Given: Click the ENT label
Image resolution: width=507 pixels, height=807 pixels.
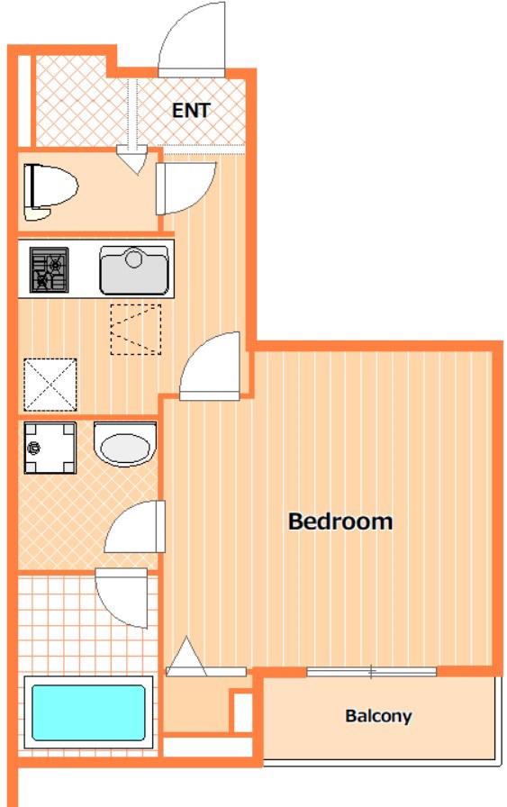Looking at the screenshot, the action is pyautogui.click(x=191, y=110).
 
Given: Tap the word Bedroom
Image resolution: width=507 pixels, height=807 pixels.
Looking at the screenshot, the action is pyautogui.click(x=340, y=521).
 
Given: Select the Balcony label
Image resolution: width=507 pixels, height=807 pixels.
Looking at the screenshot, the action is pyautogui.click(x=378, y=716).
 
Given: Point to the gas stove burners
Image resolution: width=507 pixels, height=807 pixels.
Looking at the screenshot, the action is pyautogui.click(x=49, y=269).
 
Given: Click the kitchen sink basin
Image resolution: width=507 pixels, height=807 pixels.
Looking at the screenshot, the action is pyautogui.click(x=134, y=270).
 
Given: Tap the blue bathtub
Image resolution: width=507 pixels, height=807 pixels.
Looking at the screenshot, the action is pyautogui.click(x=88, y=712).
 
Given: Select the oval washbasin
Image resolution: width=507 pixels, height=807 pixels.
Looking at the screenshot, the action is pyautogui.click(x=125, y=444).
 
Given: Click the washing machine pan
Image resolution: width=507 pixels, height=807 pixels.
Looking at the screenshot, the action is pyautogui.click(x=50, y=448).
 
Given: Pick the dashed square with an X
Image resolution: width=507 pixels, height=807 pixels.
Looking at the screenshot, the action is pyautogui.click(x=50, y=385).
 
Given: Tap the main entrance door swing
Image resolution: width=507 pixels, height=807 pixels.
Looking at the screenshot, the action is pyautogui.click(x=192, y=39).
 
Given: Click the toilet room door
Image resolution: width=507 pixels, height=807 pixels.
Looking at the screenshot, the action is pyautogui.click(x=186, y=188).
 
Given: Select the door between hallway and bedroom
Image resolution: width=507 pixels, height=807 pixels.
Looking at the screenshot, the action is pyautogui.click(x=210, y=366).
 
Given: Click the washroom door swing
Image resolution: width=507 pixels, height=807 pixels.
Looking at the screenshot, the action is pyautogui.click(x=135, y=527).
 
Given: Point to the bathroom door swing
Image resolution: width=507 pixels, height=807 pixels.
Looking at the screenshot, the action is pyautogui.click(x=122, y=597).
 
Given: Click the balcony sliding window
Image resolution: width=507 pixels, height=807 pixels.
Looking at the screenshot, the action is pyautogui.click(x=372, y=671).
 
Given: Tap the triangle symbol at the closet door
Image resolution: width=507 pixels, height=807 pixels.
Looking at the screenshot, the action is pyautogui.click(x=186, y=657).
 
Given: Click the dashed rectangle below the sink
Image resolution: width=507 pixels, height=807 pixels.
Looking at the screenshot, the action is pyautogui.click(x=136, y=330).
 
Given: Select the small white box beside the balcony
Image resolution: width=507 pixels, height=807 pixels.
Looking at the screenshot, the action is pyautogui.click(x=243, y=712).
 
